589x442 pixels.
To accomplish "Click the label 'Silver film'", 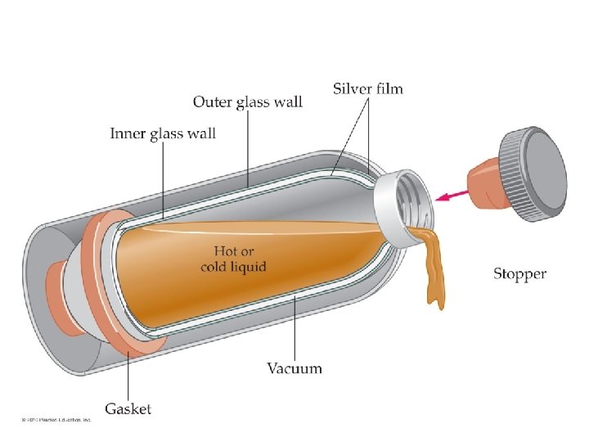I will [368, 88].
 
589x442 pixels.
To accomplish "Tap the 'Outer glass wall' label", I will [247, 102].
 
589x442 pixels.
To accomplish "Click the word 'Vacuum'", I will [294, 368].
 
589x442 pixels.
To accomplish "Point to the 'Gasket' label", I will [128, 408].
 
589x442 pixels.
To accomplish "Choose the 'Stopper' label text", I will [519, 273].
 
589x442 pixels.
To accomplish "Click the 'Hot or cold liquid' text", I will [233, 259].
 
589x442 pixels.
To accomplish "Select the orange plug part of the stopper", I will [484, 185].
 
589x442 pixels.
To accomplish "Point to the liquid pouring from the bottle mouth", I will [432, 270].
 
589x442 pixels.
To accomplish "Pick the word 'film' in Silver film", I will [388, 88].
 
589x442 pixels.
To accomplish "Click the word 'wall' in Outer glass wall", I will [286, 102].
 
